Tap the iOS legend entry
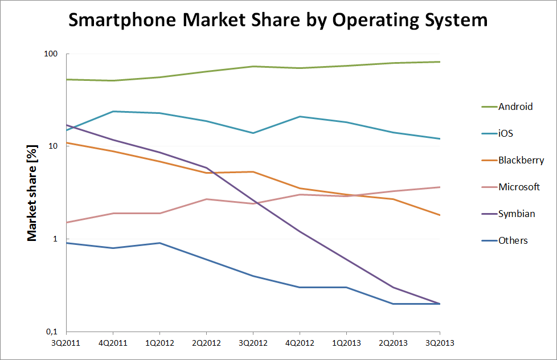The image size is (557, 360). (506, 133)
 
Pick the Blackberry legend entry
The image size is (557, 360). (521, 160)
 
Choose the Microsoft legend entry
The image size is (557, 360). (519, 187)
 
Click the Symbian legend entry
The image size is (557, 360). (517, 214)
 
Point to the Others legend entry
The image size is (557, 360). (513, 240)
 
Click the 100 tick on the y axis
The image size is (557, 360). (52, 54)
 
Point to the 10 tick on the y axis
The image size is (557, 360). (55, 146)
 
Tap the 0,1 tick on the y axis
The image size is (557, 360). (52, 332)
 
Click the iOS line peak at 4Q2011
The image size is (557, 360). (113, 111)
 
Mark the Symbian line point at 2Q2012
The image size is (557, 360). (206, 167)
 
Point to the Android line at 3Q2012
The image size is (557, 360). (252, 66)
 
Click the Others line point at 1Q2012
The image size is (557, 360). (159, 243)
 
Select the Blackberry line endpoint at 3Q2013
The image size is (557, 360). (439, 215)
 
